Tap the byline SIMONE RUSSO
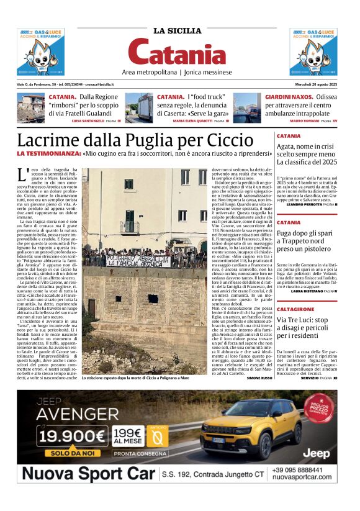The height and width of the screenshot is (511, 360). click(260, 378)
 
